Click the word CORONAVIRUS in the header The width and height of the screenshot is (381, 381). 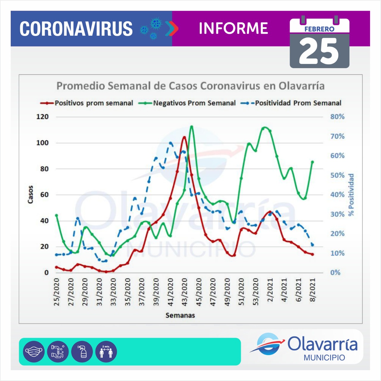pyautogui.click(x=76, y=29)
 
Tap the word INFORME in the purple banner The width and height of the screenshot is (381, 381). pyautogui.click(x=233, y=29)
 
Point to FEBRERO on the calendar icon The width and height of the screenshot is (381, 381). pyautogui.click(x=319, y=29)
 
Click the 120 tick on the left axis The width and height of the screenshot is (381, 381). pyautogui.click(x=42, y=117)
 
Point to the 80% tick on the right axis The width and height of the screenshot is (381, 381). pyautogui.click(x=337, y=117)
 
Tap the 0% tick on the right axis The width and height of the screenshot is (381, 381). pyautogui.click(x=335, y=273)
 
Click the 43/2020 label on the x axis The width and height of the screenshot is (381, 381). pyautogui.click(x=185, y=292)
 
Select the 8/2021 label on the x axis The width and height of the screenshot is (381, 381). pyautogui.click(x=313, y=290)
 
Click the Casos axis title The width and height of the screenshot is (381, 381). pyautogui.click(x=30, y=195)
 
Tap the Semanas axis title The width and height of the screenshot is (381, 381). pyautogui.click(x=180, y=316)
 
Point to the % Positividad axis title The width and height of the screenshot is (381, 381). pyautogui.click(x=352, y=195)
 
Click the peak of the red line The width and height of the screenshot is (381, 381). pyautogui.click(x=185, y=137)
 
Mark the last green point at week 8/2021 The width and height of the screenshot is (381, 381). pyautogui.click(x=313, y=162)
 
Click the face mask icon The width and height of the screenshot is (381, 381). pyautogui.click(x=34, y=352)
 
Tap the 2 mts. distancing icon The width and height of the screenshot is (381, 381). pyautogui.click(x=106, y=352)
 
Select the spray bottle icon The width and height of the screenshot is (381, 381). pyautogui.click(x=82, y=352)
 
